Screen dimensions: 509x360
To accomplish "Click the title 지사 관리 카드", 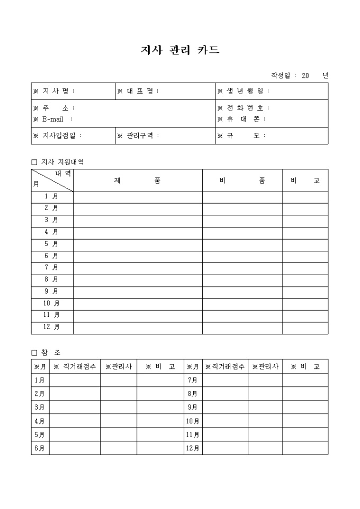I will tap(179, 50).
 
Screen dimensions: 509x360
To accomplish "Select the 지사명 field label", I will tap(55, 91).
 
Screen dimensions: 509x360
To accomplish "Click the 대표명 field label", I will tap(139, 91).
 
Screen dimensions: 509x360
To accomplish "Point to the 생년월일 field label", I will tap(245, 91).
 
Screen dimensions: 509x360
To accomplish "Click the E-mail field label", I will tap(53, 119).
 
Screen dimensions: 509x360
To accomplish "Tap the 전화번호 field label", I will tap(245, 108).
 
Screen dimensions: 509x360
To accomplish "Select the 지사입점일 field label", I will tap(58, 135).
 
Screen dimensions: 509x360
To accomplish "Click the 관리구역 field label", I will tap(139, 135).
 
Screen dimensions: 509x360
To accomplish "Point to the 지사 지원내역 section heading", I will tap(58, 162).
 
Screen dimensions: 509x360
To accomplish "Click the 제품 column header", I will tap(138, 180).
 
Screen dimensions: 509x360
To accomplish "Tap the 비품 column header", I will tap(242, 180).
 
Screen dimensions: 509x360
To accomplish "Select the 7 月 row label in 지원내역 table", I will tap(52, 268).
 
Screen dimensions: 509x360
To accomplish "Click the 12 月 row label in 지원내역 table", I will tap(51, 327).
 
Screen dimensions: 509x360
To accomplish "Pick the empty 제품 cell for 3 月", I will tap(138, 220).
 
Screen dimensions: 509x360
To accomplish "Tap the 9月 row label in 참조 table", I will tap(193, 407).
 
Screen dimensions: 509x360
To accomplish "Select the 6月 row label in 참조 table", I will tap(40, 448).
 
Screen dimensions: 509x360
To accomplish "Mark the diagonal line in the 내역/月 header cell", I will tap(52, 180).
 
